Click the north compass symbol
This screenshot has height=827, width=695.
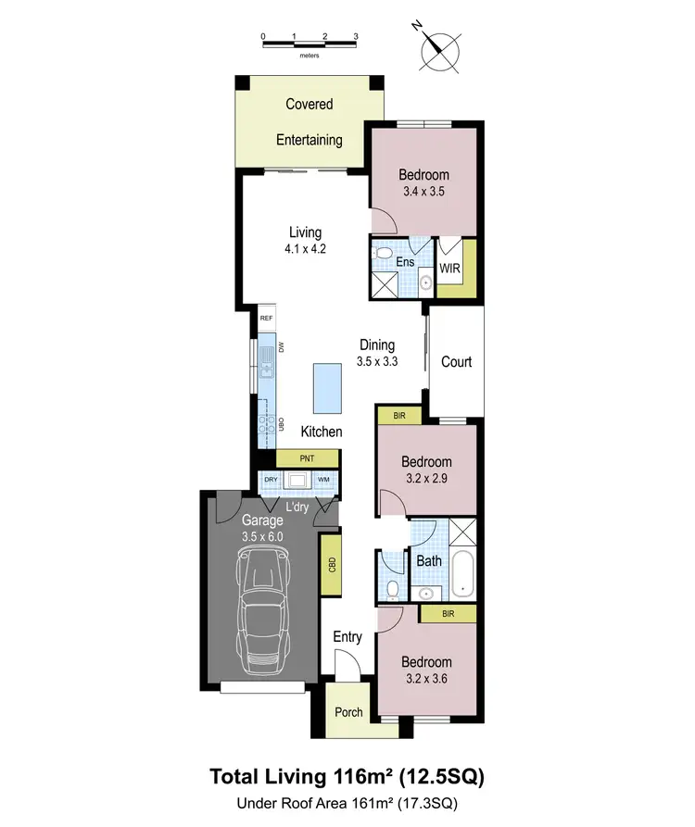[x=440, y=51]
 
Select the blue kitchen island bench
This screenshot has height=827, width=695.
[x=326, y=389]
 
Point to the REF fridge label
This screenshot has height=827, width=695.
[x=267, y=318]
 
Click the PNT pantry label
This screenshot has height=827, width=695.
[x=307, y=458]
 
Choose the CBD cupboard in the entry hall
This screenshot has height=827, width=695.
[x=331, y=564]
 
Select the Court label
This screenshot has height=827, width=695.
[x=456, y=362]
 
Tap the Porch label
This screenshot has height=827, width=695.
[x=348, y=712]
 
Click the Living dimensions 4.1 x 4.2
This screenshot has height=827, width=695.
[x=305, y=248]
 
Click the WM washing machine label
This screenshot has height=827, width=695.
[x=323, y=480]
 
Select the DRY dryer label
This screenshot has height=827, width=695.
[x=271, y=480]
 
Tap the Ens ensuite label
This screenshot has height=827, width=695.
[x=405, y=262]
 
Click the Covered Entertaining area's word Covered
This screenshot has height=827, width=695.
[x=310, y=105]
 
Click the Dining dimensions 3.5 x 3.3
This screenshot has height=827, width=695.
[x=377, y=362]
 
